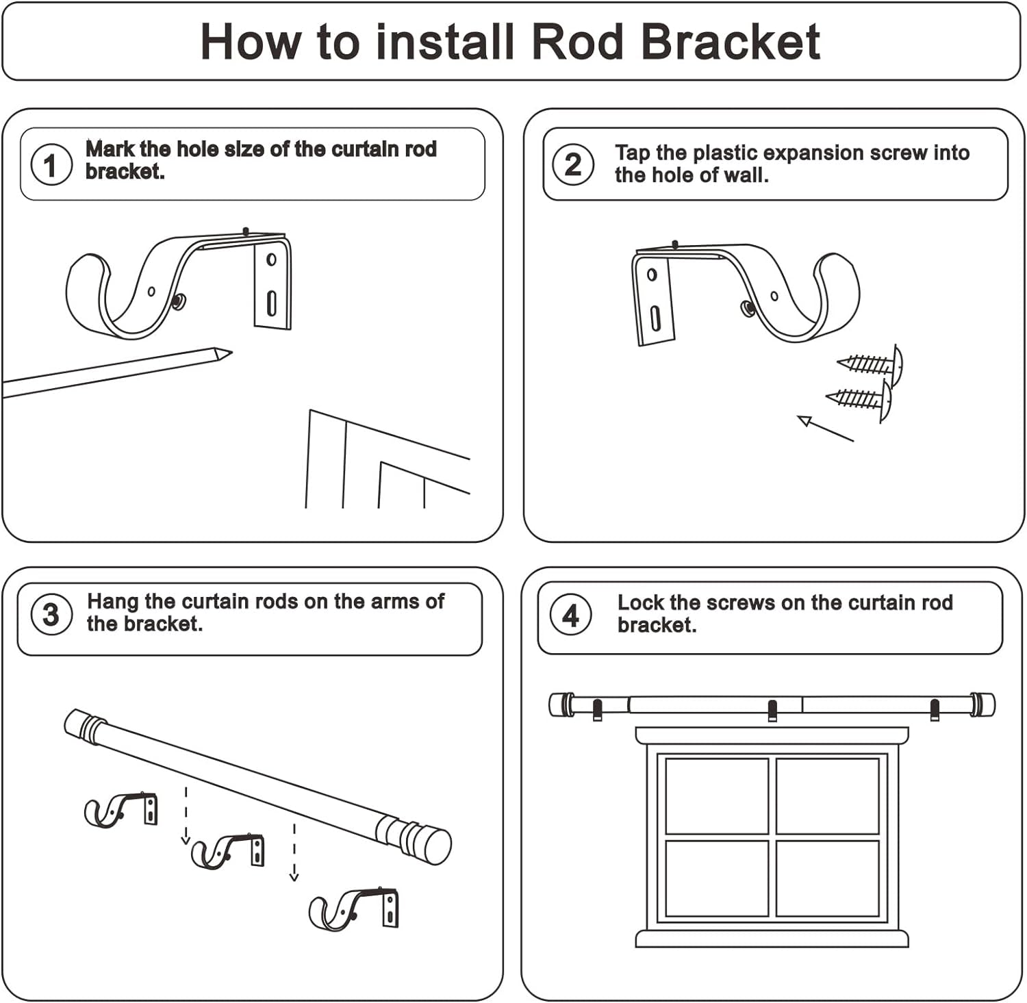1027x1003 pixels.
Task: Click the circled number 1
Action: (51, 164)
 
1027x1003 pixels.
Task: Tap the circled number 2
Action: (573, 164)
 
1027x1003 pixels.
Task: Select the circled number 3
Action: (51, 614)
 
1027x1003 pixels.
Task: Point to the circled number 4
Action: (571, 615)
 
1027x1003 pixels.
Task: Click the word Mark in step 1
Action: (110, 149)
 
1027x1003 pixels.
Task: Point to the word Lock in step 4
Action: (641, 602)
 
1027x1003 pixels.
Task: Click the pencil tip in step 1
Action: (225, 354)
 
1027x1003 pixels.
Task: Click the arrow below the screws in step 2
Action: (824, 429)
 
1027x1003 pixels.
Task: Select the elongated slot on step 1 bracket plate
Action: (272, 303)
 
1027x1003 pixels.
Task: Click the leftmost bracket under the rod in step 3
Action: (121, 810)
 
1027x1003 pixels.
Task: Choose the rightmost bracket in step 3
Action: (355, 909)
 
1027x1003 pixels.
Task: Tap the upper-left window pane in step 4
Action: (716, 796)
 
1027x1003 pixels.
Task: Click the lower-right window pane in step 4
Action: (827, 878)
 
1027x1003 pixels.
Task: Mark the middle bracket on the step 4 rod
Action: (772, 711)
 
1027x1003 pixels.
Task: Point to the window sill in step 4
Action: (772, 938)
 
